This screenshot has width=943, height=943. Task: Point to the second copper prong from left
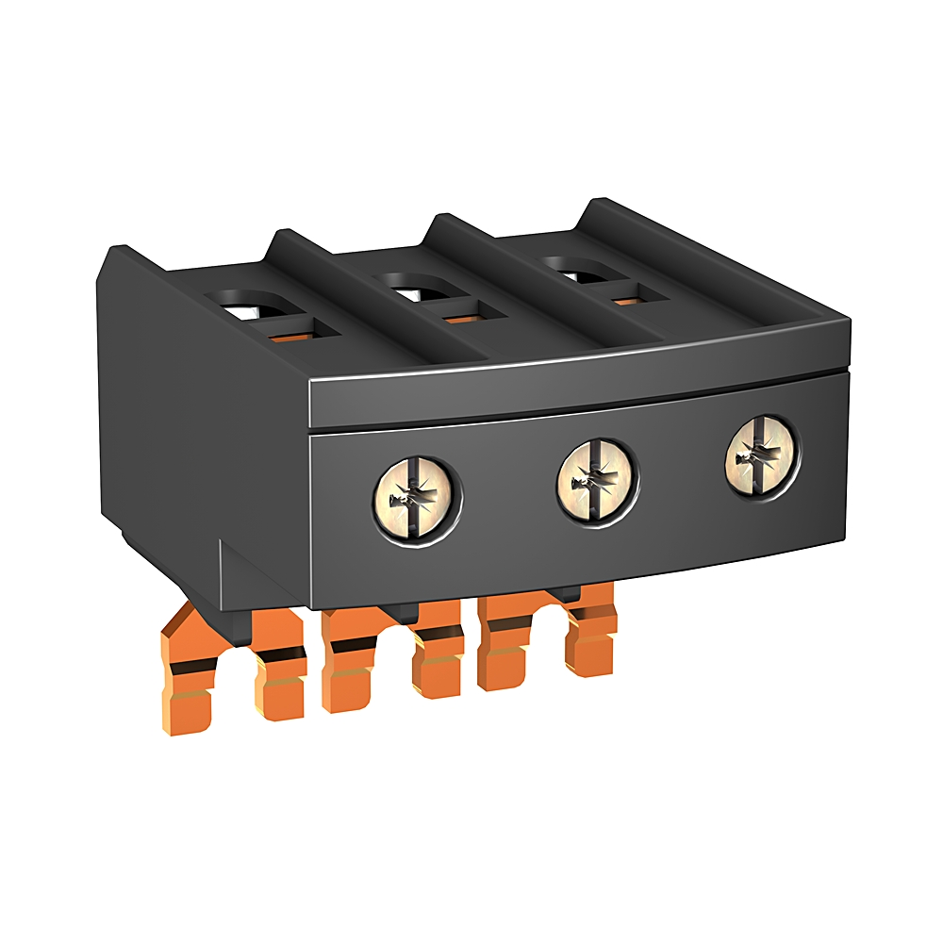tap(273, 670)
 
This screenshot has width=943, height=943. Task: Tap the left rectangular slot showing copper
tap(300, 329)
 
